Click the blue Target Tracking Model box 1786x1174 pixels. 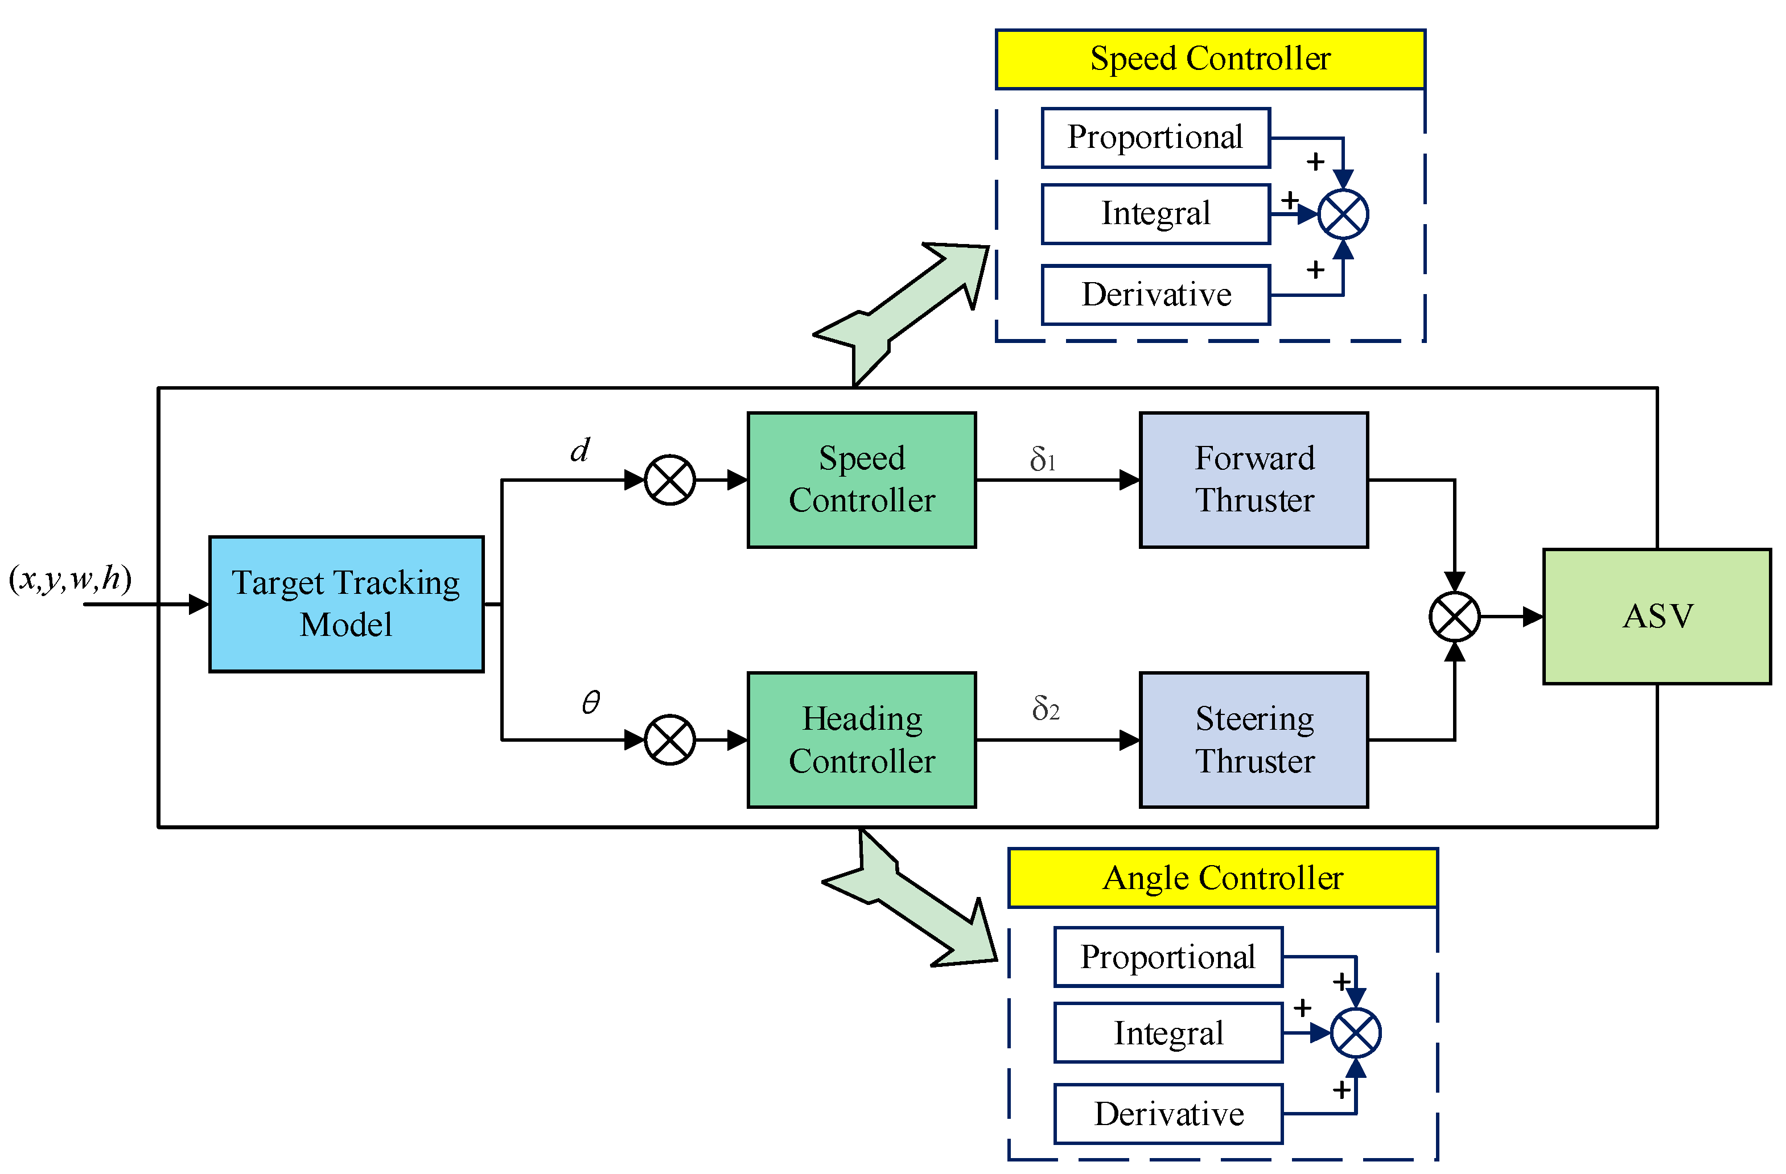(346, 604)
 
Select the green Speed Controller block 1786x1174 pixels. (862, 479)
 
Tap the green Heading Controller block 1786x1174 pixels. (862, 739)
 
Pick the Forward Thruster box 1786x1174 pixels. (1254, 479)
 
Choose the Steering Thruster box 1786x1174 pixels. (1254, 739)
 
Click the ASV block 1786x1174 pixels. (1657, 616)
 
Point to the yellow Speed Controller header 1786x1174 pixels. (1211, 59)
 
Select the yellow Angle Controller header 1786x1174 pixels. (1223, 878)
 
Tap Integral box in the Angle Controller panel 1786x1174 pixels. (1168, 1033)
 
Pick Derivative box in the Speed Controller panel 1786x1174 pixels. (1155, 295)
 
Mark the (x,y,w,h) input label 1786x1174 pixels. (70, 578)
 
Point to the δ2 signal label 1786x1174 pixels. (1046, 708)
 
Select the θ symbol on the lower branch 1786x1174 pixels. (591, 702)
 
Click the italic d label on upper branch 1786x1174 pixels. (580, 449)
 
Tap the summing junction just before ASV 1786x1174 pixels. (1454, 617)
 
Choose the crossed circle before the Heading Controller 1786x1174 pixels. (670, 739)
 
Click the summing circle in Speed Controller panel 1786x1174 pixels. (1343, 214)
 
